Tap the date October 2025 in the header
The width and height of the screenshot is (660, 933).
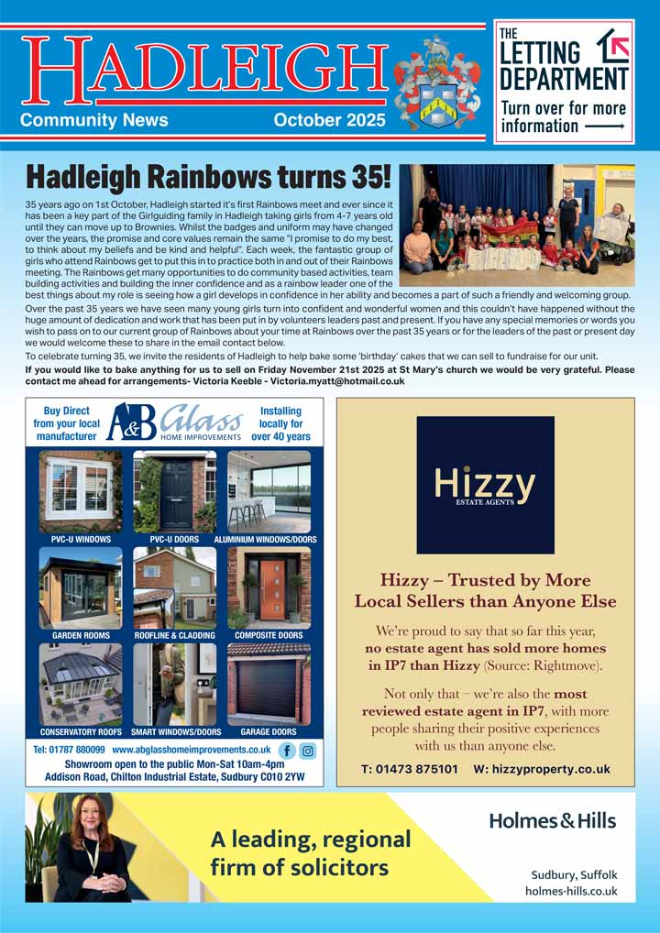(x=329, y=121)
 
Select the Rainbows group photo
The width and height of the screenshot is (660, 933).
(x=517, y=225)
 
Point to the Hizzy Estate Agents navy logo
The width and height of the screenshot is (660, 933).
(x=485, y=485)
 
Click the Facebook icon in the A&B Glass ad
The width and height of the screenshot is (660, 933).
(x=285, y=750)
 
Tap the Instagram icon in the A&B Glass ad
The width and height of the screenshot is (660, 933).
(x=308, y=750)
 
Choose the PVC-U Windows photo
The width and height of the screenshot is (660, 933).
(x=81, y=491)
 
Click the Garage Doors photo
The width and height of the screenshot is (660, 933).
(x=269, y=685)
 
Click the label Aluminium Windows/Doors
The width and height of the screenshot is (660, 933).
(x=266, y=540)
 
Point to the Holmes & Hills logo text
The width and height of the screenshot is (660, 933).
(x=552, y=821)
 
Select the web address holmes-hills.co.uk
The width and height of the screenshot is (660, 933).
(x=571, y=891)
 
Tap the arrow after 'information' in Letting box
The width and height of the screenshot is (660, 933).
(x=605, y=126)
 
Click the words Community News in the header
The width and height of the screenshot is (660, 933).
(x=94, y=121)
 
